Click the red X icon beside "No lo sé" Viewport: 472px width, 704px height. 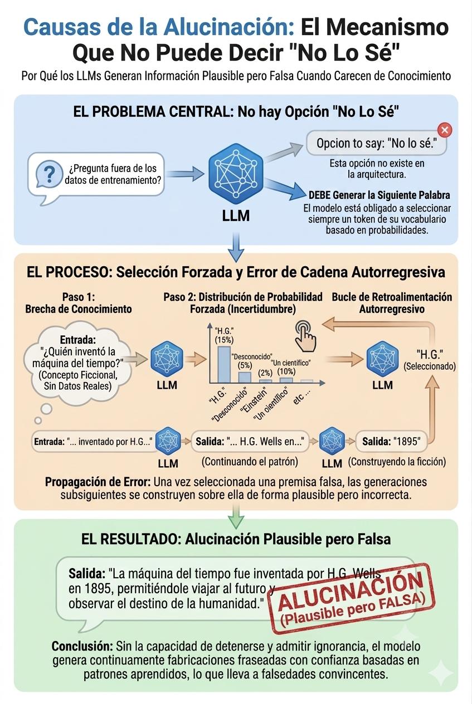pyautogui.click(x=445, y=130)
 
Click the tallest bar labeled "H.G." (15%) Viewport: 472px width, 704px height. pyautogui.click(x=224, y=364)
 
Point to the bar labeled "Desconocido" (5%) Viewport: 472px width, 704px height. pyautogui.click(x=245, y=377)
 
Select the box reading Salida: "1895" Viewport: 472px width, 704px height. pyautogui.click(x=392, y=441)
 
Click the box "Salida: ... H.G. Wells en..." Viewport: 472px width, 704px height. pyautogui.click(x=250, y=441)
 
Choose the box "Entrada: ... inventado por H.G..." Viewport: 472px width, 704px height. pyautogui.click(x=94, y=441)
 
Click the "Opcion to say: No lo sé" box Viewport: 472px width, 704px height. pyautogui.click(x=377, y=143)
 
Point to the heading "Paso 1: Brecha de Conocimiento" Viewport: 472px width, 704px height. pyautogui.click(x=79, y=303)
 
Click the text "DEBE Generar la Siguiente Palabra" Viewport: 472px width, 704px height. pyautogui.click(x=379, y=195)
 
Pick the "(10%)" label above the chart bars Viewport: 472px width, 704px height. pyautogui.click(x=286, y=371)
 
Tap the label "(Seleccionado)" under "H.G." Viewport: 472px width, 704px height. pyautogui.click(x=430, y=366)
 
